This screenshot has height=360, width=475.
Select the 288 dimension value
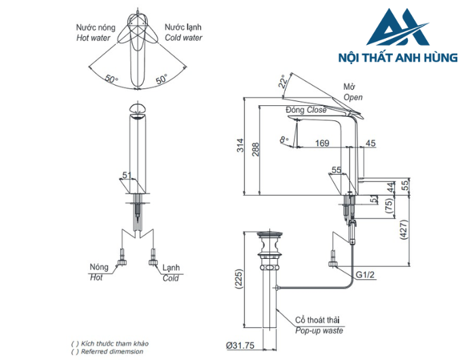tap(256, 149)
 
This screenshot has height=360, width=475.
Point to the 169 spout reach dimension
tap(322, 143)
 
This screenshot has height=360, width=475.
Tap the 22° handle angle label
tap(283, 82)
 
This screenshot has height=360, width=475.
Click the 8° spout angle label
tap(284, 140)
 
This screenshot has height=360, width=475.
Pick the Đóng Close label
tap(306, 110)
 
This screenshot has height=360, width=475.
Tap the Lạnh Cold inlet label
tap(171, 273)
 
